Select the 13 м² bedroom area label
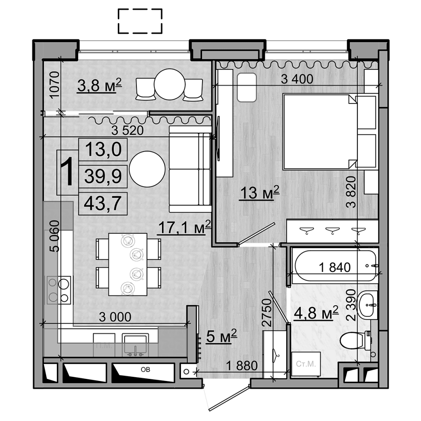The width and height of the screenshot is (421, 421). coord(259,194)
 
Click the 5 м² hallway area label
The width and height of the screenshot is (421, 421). coord(222,336)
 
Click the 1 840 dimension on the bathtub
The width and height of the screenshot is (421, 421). coord(335,267)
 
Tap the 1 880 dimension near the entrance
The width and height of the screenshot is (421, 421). coord(241,365)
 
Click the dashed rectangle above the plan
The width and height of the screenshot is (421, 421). coord(140,21)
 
